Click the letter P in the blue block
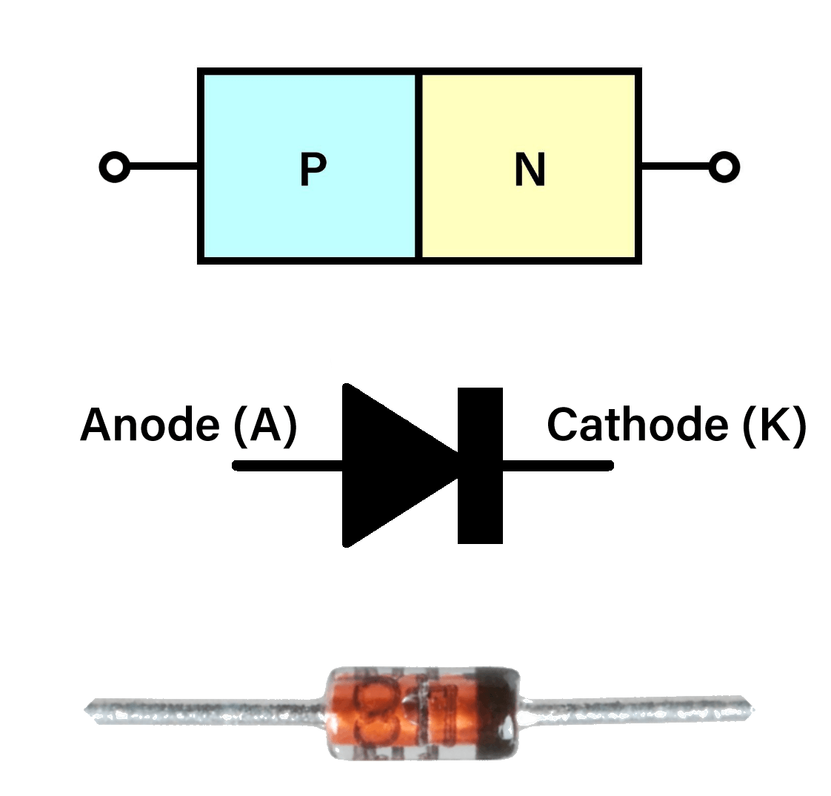pos(313,170)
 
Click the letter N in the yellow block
pos(530,170)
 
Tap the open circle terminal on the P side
pos(114,167)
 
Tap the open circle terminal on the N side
pos(724,167)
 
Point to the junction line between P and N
pos(419,167)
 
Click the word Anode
pos(150,425)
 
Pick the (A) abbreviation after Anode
pos(265,425)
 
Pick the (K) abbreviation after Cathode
pos(773,425)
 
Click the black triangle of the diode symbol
pos(385,465)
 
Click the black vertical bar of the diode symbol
pos(480,465)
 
